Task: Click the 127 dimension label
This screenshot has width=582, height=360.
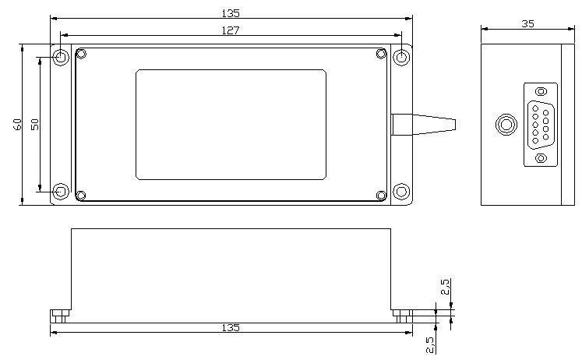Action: pyautogui.click(x=230, y=30)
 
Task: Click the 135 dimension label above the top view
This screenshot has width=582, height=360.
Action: pyautogui.click(x=231, y=12)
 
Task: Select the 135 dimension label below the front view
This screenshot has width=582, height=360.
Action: pyautogui.click(x=231, y=328)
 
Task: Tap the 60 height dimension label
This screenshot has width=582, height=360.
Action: pyautogui.click(x=17, y=125)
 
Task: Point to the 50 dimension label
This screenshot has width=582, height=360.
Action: pyautogui.click(x=34, y=125)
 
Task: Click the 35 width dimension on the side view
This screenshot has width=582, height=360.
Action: pyautogui.click(x=527, y=24)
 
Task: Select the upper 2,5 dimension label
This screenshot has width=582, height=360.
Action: pyautogui.click(x=445, y=287)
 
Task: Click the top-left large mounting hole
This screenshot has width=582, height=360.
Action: pyautogui.click(x=61, y=57)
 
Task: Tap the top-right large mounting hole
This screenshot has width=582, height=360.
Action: pyautogui.click(x=401, y=57)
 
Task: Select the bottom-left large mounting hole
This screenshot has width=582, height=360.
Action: pyautogui.click(x=61, y=192)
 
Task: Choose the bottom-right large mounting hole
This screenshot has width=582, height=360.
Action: pyautogui.click(x=401, y=192)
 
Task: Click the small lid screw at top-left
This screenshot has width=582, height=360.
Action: pyautogui.click(x=81, y=54)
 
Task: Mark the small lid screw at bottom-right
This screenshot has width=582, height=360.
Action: pyautogui.click(x=381, y=195)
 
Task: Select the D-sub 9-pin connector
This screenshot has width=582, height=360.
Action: pyautogui.click(x=541, y=125)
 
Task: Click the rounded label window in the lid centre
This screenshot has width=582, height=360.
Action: pyautogui.click(x=231, y=125)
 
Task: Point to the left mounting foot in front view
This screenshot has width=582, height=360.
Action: pyautogui.click(x=61, y=316)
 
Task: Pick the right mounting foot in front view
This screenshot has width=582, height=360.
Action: pyautogui.click(x=401, y=316)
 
